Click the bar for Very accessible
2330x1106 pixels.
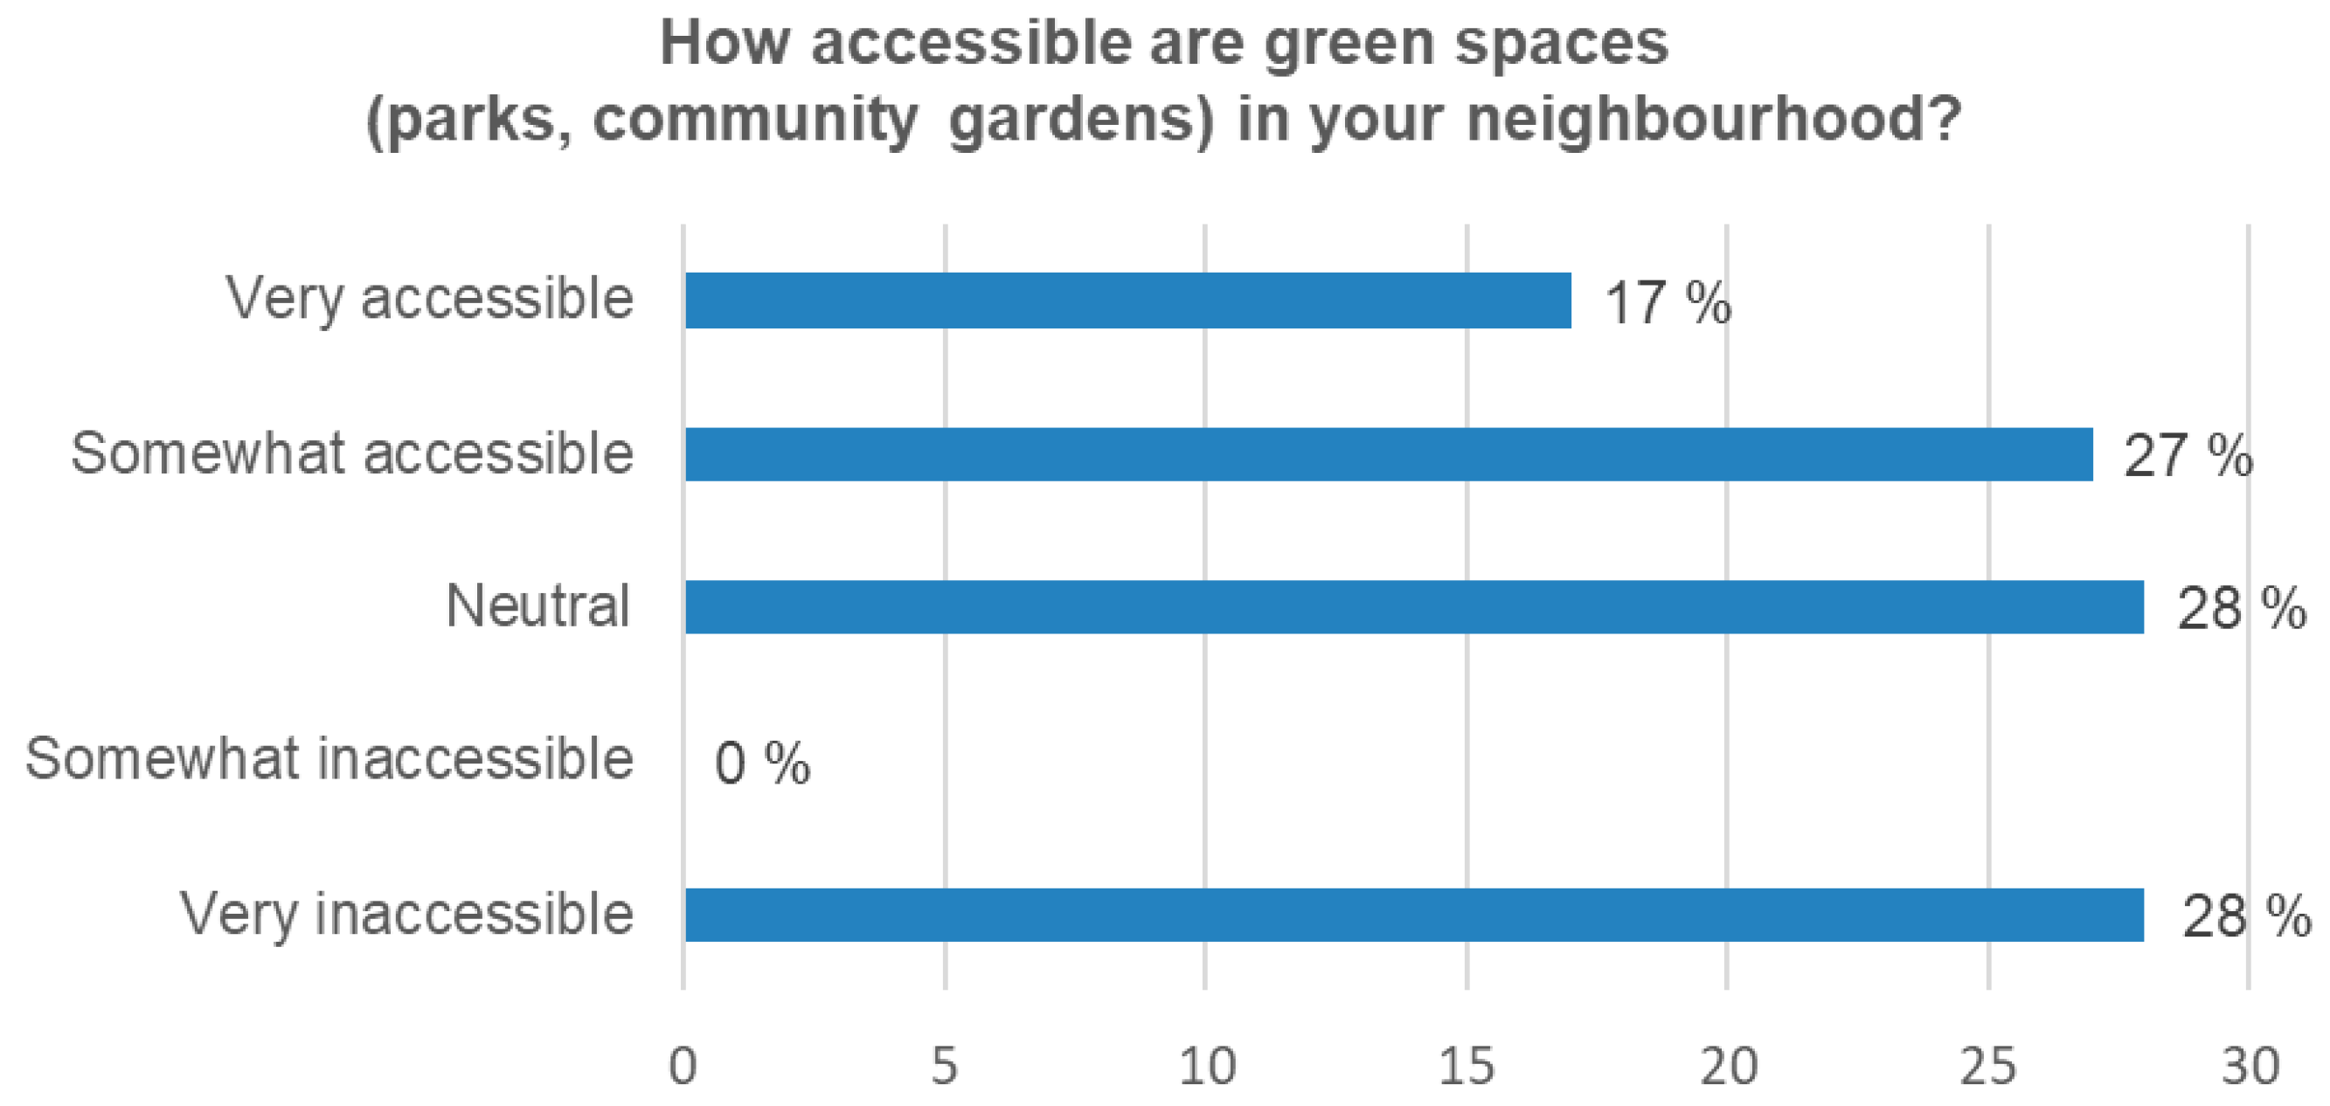1127,301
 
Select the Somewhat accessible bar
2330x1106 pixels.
1389,454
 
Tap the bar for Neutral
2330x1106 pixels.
1414,607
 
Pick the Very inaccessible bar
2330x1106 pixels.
1414,915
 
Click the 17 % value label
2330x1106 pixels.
1667,303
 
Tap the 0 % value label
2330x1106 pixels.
761,764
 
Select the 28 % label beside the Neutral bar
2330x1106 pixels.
2241,609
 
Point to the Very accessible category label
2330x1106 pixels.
430,299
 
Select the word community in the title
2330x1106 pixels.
755,121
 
